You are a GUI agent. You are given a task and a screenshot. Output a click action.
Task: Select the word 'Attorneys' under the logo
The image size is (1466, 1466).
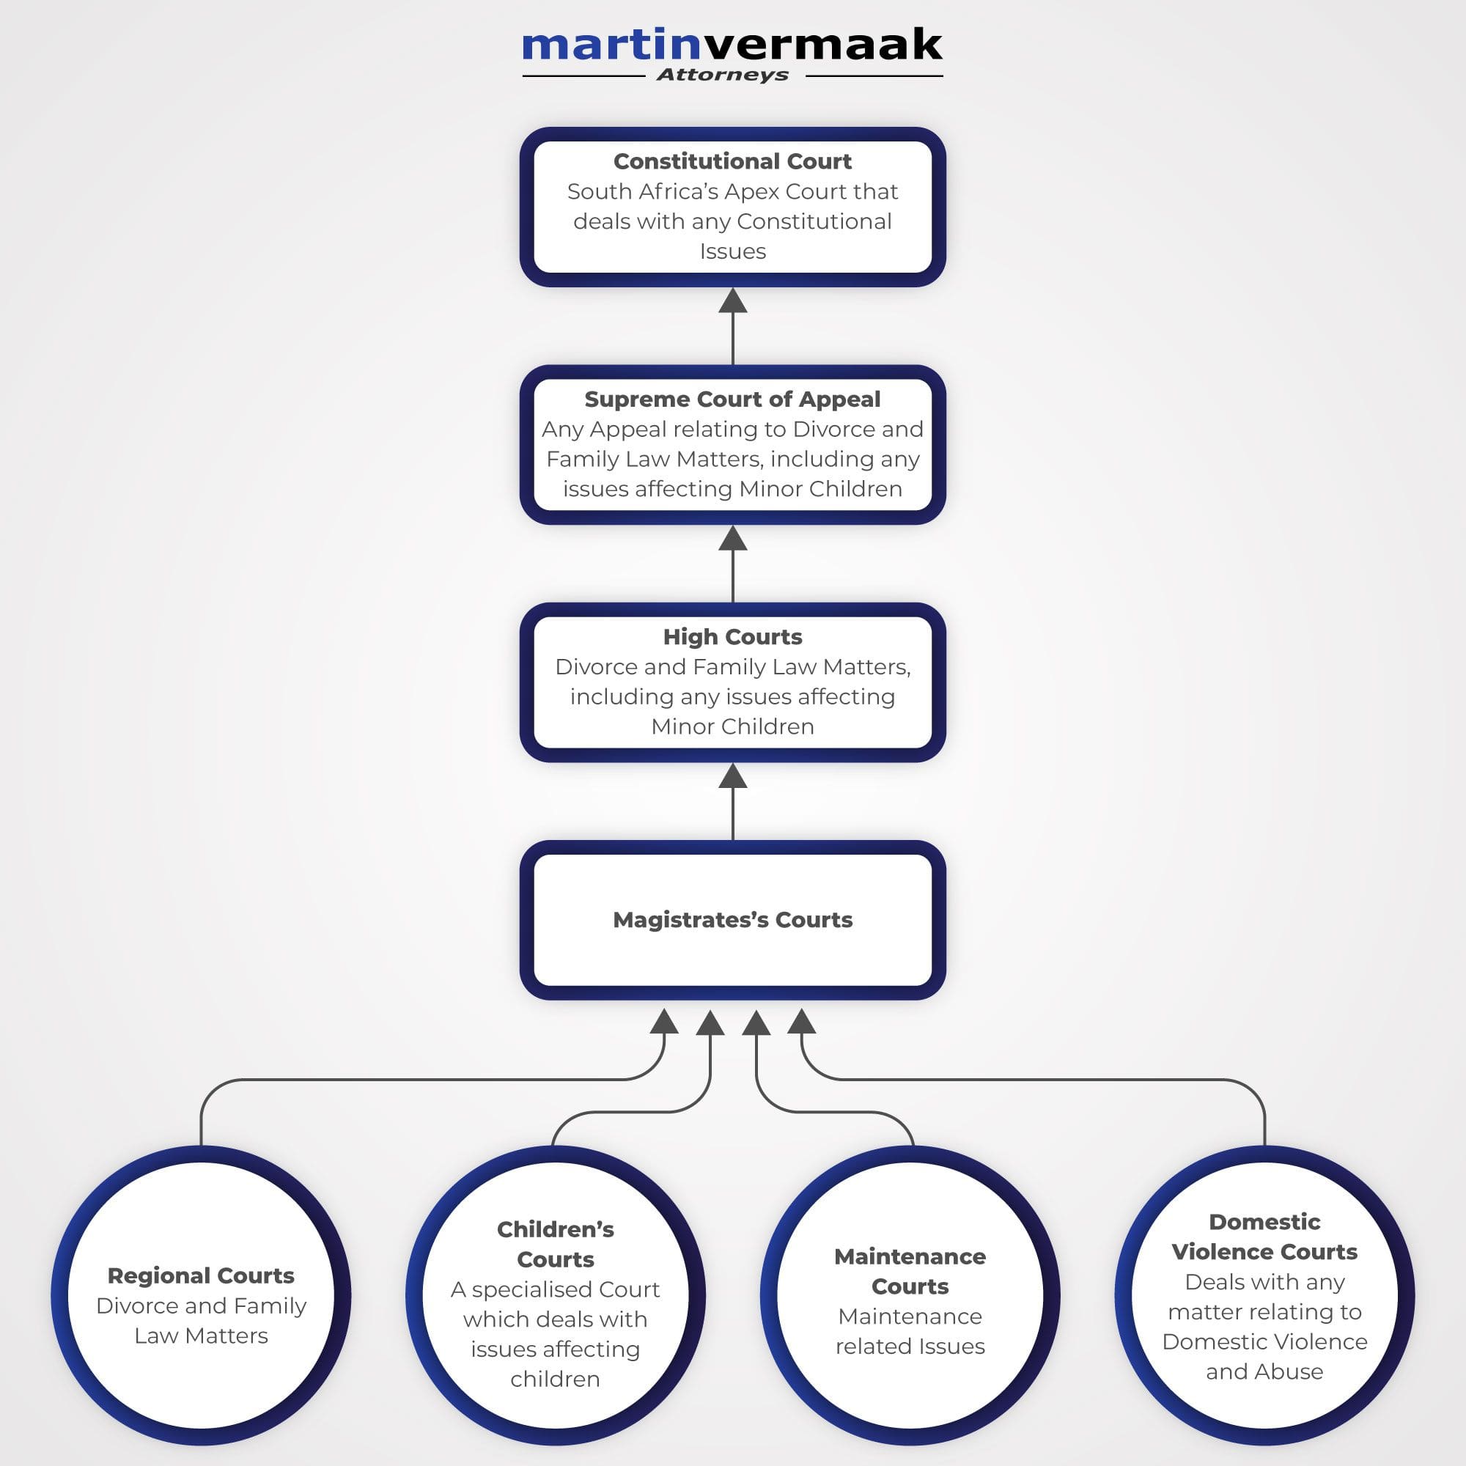(x=723, y=75)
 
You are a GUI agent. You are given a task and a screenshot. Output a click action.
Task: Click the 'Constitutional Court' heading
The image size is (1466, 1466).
(x=732, y=161)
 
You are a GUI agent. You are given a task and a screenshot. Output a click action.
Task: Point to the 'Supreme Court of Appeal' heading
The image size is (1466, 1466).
(x=732, y=399)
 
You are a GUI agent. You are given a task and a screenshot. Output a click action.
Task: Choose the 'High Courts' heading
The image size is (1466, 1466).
(x=732, y=637)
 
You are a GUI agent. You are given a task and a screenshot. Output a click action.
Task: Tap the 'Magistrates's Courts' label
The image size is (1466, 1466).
(x=732, y=920)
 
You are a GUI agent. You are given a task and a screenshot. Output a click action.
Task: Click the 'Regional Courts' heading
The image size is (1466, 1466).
(x=201, y=1275)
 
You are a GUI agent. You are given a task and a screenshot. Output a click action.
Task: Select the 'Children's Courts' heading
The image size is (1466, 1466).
(x=556, y=1245)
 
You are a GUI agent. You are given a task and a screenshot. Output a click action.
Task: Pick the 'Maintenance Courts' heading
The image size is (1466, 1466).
(x=910, y=1271)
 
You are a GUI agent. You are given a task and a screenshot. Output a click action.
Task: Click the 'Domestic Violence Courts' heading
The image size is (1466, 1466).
(x=1264, y=1237)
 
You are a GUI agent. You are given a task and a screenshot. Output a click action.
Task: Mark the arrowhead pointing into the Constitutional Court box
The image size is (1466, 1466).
(x=732, y=301)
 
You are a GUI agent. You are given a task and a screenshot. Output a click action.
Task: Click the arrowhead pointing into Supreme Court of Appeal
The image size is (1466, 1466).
(x=732, y=538)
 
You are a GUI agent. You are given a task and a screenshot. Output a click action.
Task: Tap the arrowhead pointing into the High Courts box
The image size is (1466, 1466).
(x=732, y=776)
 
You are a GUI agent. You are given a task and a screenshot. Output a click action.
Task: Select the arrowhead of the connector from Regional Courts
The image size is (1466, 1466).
(x=664, y=1021)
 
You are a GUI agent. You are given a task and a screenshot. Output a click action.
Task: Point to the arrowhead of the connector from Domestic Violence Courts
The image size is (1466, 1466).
(x=801, y=1021)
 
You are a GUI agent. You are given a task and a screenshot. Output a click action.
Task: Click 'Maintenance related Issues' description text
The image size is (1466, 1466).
(x=910, y=1331)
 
